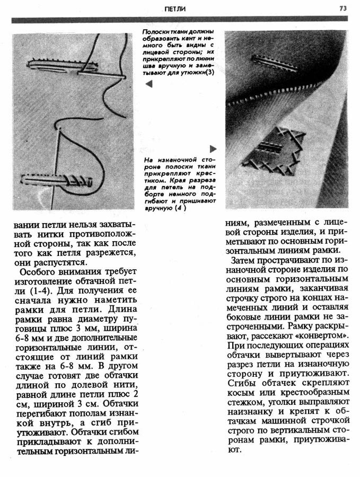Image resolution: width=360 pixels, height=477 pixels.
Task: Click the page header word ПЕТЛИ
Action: click(x=175, y=9)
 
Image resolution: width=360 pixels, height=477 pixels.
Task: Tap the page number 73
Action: click(x=343, y=8)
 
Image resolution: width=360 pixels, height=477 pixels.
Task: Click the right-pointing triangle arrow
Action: click(x=213, y=149)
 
